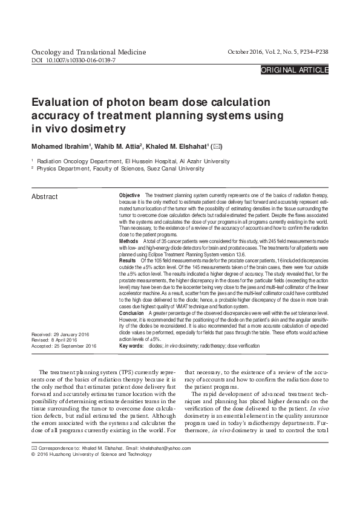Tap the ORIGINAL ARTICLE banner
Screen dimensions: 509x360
294,70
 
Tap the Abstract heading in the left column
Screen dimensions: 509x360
44,197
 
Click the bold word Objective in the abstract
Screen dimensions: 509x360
130,196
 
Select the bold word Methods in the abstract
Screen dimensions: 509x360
129,241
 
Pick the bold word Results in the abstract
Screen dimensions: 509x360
128,259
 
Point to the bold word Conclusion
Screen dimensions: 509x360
132,313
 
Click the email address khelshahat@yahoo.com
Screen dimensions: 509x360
165,448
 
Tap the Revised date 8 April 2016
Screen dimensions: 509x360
68,340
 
